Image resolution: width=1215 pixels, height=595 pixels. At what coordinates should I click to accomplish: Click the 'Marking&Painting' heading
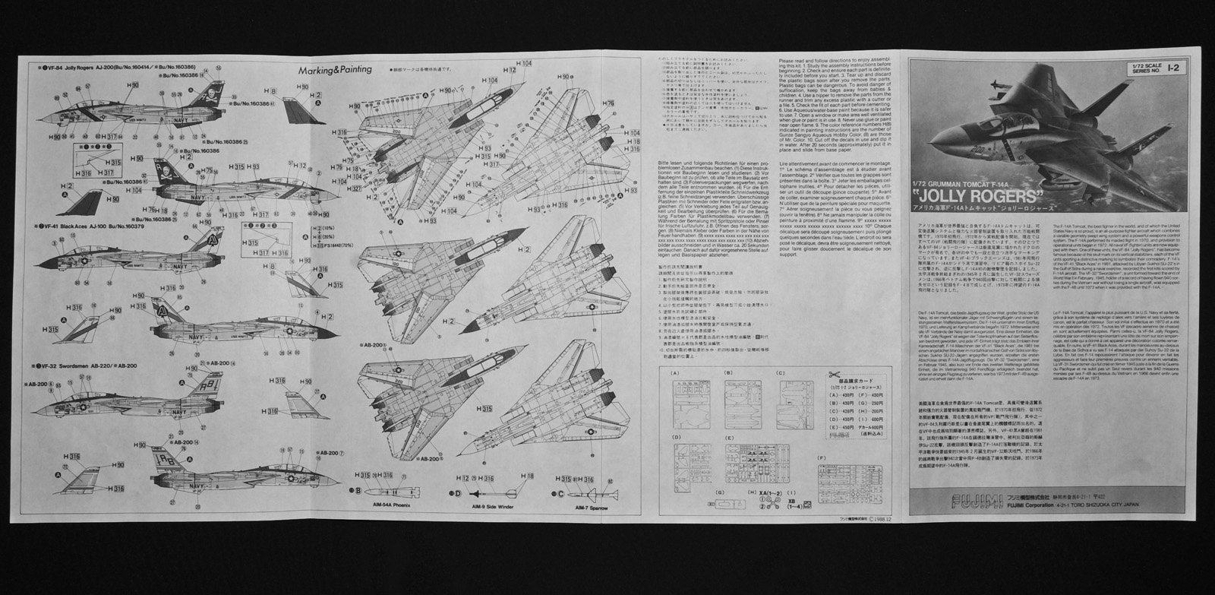335,69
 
